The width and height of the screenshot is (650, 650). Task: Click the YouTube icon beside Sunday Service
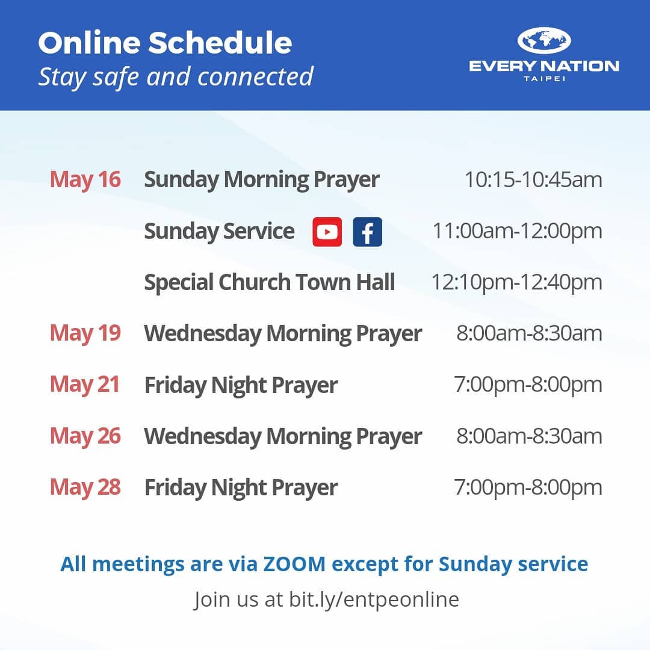[x=327, y=232]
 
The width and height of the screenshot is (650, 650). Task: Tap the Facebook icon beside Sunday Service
[x=367, y=232]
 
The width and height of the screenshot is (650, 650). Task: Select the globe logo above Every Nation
[x=544, y=41]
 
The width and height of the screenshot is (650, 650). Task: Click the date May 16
[x=85, y=179]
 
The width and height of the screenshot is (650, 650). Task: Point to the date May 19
[x=85, y=333]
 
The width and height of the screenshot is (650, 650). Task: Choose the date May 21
[x=85, y=384]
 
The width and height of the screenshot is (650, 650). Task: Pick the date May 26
[x=85, y=436]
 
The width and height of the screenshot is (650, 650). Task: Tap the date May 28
[x=85, y=487]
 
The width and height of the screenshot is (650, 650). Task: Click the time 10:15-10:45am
[x=533, y=180]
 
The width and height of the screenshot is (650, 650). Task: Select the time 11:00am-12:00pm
[x=518, y=231]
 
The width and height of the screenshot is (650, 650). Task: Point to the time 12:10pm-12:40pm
[x=517, y=283]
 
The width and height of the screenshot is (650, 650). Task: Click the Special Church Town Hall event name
[x=270, y=283]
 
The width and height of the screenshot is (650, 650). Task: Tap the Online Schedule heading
[x=165, y=43]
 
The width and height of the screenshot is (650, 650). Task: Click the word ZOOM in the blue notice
[x=294, y=564]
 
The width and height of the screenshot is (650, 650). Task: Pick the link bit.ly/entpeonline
[x=374, y=599]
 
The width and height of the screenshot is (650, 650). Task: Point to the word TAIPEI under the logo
[x=544, y=79]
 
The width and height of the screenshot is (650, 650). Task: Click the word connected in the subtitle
[x=255, y=76]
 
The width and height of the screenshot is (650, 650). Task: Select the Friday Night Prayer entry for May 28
[x=241, y=488]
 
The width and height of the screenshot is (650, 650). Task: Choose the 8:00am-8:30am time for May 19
[x=529, y=333]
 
